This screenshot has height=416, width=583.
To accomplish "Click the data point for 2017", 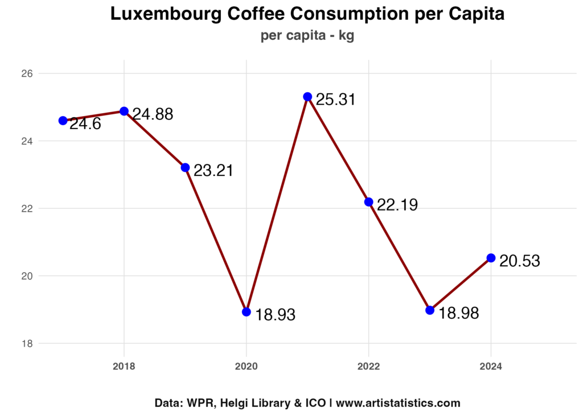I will click(x=63, y=121).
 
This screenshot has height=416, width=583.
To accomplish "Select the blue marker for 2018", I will click(x=124, y=111).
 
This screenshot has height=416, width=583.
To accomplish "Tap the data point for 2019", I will click(x=185, y=167).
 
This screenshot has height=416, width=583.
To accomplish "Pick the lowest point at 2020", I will click(x=246, y=312).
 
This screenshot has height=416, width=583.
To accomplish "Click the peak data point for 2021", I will click(x=307, y=97).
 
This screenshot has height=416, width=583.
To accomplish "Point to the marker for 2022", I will click(x=368, y=202).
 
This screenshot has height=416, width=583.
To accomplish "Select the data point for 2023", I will click(x=430, y=310).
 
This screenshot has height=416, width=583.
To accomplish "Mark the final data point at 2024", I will click(x=491, y=258).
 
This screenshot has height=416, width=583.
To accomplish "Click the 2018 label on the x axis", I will click(x=124, y=366).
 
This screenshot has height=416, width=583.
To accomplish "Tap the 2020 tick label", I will click(x=246, y=366).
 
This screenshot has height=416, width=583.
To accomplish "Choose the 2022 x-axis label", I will click(x=368, y=366).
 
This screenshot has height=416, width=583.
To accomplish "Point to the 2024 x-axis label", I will click(x=491, y=366).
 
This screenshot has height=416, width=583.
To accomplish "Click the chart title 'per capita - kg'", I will click(x=307, y=36).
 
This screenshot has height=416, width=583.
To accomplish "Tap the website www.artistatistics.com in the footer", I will click(x=398, y=403).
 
